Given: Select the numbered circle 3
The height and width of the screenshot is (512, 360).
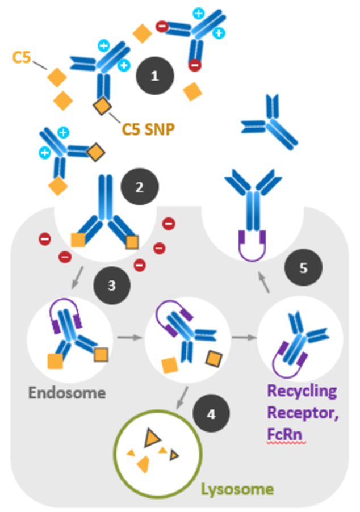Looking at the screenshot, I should [x=111, y=285].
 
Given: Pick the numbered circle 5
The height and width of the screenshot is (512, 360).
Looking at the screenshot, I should [x=303, y=268].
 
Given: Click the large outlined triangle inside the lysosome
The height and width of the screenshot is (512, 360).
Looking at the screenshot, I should [x=151, y=437].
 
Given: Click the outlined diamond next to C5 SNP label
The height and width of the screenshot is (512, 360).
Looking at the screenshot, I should [x=103, y=105].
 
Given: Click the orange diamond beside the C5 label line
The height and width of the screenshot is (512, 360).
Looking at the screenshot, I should [x=57, y=77].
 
